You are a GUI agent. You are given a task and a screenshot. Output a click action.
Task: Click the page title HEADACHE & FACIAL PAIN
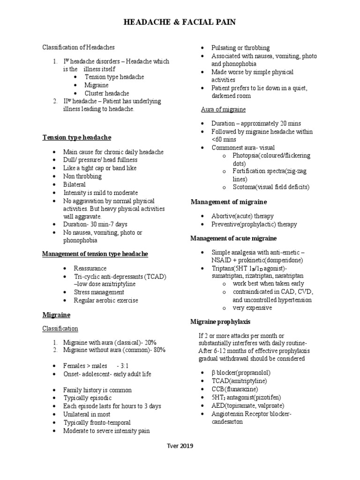[x=180, y=22]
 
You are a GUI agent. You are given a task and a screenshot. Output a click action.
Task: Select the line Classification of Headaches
[x=79, y=47]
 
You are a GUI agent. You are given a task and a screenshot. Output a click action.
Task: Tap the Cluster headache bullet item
[x=107, y=93]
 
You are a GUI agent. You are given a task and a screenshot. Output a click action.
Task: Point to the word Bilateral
[x=75, y=184]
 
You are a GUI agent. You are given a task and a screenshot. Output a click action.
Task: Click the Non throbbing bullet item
[x=82, y=176]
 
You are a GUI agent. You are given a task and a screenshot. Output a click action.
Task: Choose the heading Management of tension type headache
[x=95, y=254]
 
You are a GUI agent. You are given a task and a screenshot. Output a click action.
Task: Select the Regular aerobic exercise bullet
[x=106, y=300]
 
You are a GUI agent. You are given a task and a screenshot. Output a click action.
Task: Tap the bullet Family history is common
[x=97, y=390]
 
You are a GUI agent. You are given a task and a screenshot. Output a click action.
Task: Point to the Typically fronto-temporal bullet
[x=97, y=422]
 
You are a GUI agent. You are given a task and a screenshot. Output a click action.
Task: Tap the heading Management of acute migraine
[x=233, y=238]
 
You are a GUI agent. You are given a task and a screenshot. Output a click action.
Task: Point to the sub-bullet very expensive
[x=252, y=308]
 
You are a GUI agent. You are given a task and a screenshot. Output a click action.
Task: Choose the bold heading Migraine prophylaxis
[x=220, y=322]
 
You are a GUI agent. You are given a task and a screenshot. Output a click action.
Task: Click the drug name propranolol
[x=255, y=373]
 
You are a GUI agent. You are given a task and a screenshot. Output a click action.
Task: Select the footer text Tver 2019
[x=180, y=446]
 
